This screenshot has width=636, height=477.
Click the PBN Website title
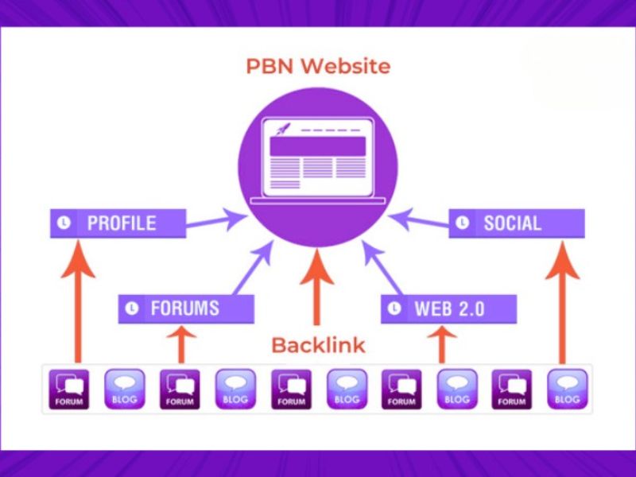pos(317,65)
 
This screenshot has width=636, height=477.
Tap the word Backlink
pos(318,345)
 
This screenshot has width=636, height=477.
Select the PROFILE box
pos(118,223)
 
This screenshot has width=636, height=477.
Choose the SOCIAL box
pos(517,223)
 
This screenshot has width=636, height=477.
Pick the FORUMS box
pos(186,308)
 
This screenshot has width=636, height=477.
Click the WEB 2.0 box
pos(449,308)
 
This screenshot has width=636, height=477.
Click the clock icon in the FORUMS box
pos(133,308)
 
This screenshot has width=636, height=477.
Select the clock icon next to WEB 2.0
pos(396,308)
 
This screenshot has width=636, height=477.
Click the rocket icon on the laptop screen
pos(283,129)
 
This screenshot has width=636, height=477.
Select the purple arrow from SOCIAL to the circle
pos(421,219)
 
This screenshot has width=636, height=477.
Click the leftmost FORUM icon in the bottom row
pos(69,388)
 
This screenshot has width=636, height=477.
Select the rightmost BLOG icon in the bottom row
pos(568,388)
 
